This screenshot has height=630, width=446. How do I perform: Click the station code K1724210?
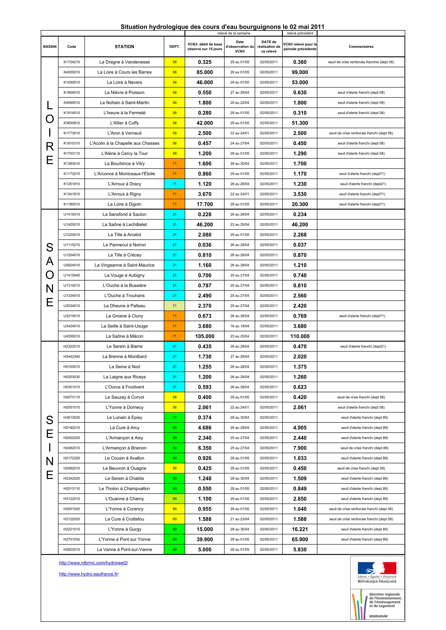[72, 62]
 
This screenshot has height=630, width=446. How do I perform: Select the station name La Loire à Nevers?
[125, 82]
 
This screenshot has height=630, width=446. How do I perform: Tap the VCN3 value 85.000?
[205, 72]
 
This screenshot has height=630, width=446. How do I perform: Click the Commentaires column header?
[361, 47]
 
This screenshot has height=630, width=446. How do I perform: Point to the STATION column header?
[125, 47]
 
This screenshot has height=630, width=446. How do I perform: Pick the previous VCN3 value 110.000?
[300, 336]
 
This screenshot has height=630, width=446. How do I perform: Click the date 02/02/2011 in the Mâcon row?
[269, 336]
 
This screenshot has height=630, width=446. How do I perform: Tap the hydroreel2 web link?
[93, 563]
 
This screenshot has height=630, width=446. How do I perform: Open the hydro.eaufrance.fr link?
[88, 574]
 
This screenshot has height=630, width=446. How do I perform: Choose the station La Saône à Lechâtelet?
[125, 225]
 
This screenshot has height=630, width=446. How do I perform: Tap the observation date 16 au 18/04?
[240, 326]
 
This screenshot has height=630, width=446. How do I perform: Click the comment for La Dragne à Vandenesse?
[361, 62]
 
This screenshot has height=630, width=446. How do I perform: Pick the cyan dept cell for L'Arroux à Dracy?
[174, 184]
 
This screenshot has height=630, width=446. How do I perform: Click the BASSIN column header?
[50, 47]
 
